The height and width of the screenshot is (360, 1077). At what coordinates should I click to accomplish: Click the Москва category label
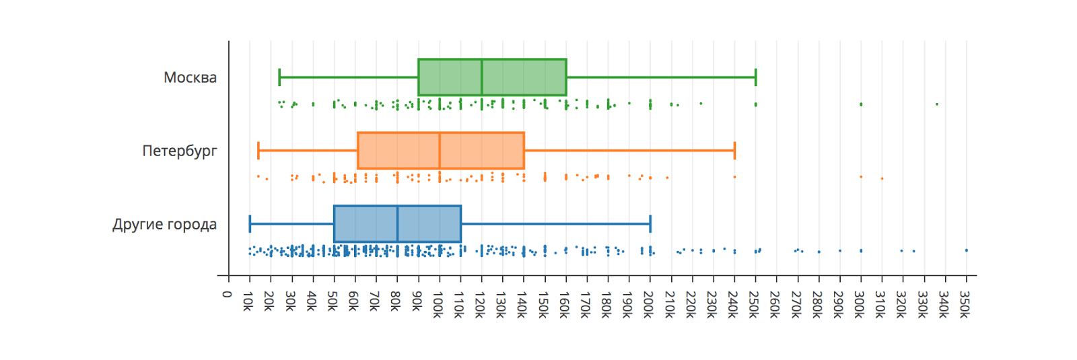[x=190, y=77]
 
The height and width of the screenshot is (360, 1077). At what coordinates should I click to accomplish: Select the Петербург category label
[x=179, y=151]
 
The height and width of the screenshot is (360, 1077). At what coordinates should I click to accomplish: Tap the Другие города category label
[x=164, y=224]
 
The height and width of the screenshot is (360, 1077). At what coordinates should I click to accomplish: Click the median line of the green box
[x=482, y=77]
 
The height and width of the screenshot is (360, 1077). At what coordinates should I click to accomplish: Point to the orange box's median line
[x=440, y=151]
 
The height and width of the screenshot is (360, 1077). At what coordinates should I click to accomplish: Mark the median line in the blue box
[x=397, y=224]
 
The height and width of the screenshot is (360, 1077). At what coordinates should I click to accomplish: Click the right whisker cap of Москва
[x=756, y=77]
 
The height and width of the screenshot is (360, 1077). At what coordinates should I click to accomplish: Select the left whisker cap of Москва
[x=279, y=77]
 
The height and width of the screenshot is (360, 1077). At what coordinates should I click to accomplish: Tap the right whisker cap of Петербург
[x=734, y=151]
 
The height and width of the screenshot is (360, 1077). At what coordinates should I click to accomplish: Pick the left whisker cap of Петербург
[x=258, y=151]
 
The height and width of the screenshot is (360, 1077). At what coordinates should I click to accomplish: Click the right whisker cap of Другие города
[x=650, y=224]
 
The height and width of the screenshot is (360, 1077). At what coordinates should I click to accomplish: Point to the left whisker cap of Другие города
[x=250, y=224]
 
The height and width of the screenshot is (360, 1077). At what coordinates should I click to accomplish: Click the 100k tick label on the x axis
[x=438, y=305]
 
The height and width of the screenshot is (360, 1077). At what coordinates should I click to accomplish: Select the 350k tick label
[x=965, y=305]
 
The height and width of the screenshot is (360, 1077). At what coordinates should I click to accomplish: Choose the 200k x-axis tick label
[x=648, y=305]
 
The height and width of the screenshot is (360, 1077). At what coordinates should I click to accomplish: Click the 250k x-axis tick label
[x=754, y=305]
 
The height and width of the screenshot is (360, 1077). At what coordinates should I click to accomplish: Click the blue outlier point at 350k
[x=967, y=250]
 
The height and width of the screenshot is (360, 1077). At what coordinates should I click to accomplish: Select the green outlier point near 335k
[x=937, y=104]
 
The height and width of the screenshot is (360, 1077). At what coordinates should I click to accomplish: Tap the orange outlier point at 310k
[x=882, y=178]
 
